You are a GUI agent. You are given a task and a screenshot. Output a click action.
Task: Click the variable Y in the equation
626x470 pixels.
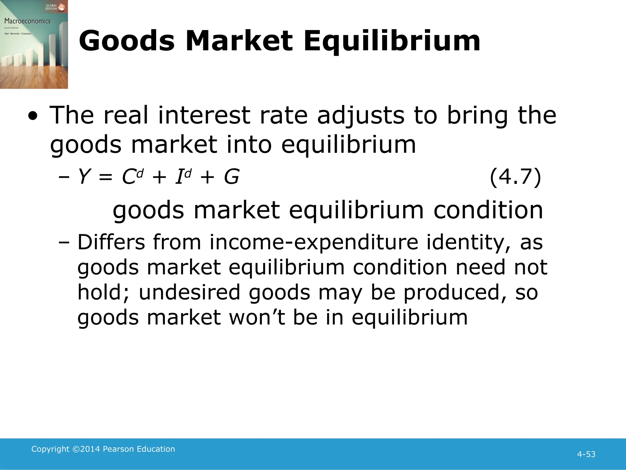pyautogui.click(x=84, y=177)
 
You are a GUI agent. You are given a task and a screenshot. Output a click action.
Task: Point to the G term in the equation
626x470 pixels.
pyautogui.click(x=231, y=177)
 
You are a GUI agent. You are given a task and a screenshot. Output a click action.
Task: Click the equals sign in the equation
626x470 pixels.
pyautogui.click(x=105, y=177)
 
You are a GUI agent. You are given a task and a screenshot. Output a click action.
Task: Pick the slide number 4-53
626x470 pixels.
pyautogui.click(x=586, y=454)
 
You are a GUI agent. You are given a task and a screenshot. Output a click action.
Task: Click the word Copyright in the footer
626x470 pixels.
pyautogui.click(x=50, y=449)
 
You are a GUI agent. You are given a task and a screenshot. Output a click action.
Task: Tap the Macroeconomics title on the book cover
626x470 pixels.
pyautogui.click(x=28, y=21)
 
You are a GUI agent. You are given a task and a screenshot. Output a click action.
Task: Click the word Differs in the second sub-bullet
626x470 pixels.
pyautogui.click(x=111, y=242)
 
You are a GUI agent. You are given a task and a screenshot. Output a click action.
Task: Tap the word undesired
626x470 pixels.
pyautogui.click(x=190, y=292)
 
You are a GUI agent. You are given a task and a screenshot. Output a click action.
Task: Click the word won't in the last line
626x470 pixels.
pyautogui.click(x=257, y=317)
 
